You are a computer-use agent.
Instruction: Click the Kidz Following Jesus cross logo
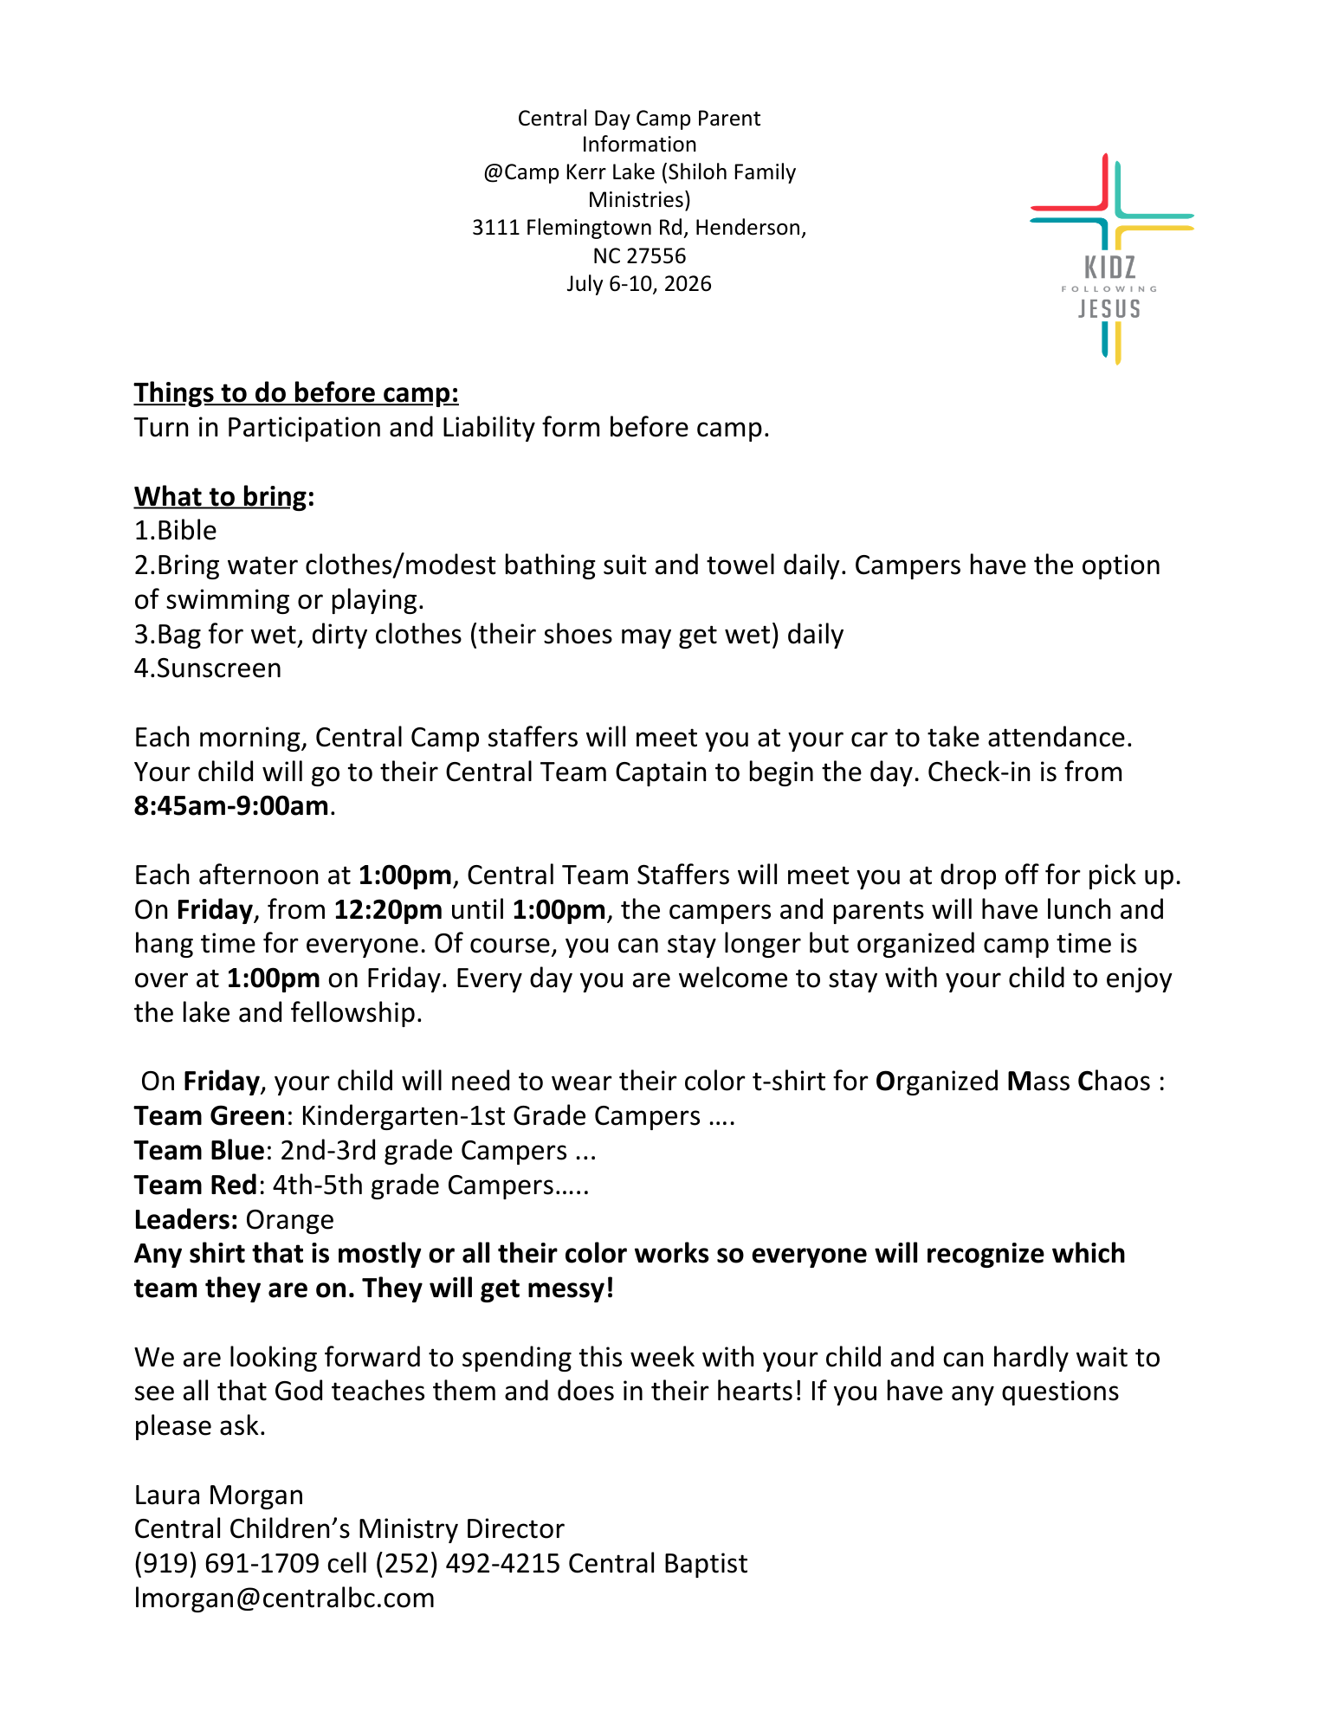click(1110, 258)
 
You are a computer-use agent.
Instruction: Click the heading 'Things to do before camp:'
click(296, 393)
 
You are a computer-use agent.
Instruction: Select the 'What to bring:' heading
click(223, 496)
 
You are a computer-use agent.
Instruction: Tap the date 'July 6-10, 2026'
click(639, 284)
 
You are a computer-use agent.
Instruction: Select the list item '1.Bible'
click(175, 530)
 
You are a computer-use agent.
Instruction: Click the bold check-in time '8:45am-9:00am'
click(231, 806)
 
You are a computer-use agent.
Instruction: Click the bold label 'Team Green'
click(209, 1116)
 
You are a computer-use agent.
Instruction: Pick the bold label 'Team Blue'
click(198, 1151)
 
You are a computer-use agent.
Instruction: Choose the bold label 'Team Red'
click(195, 1185)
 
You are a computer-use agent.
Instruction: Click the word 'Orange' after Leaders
click(289, 1220)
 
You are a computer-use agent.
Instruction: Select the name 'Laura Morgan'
click(218, 1495)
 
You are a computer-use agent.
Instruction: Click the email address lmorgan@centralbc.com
click(284, 1599)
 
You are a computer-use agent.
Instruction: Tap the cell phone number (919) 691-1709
click(227, 1564)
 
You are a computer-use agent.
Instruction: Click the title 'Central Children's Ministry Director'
click(349, 1529)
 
